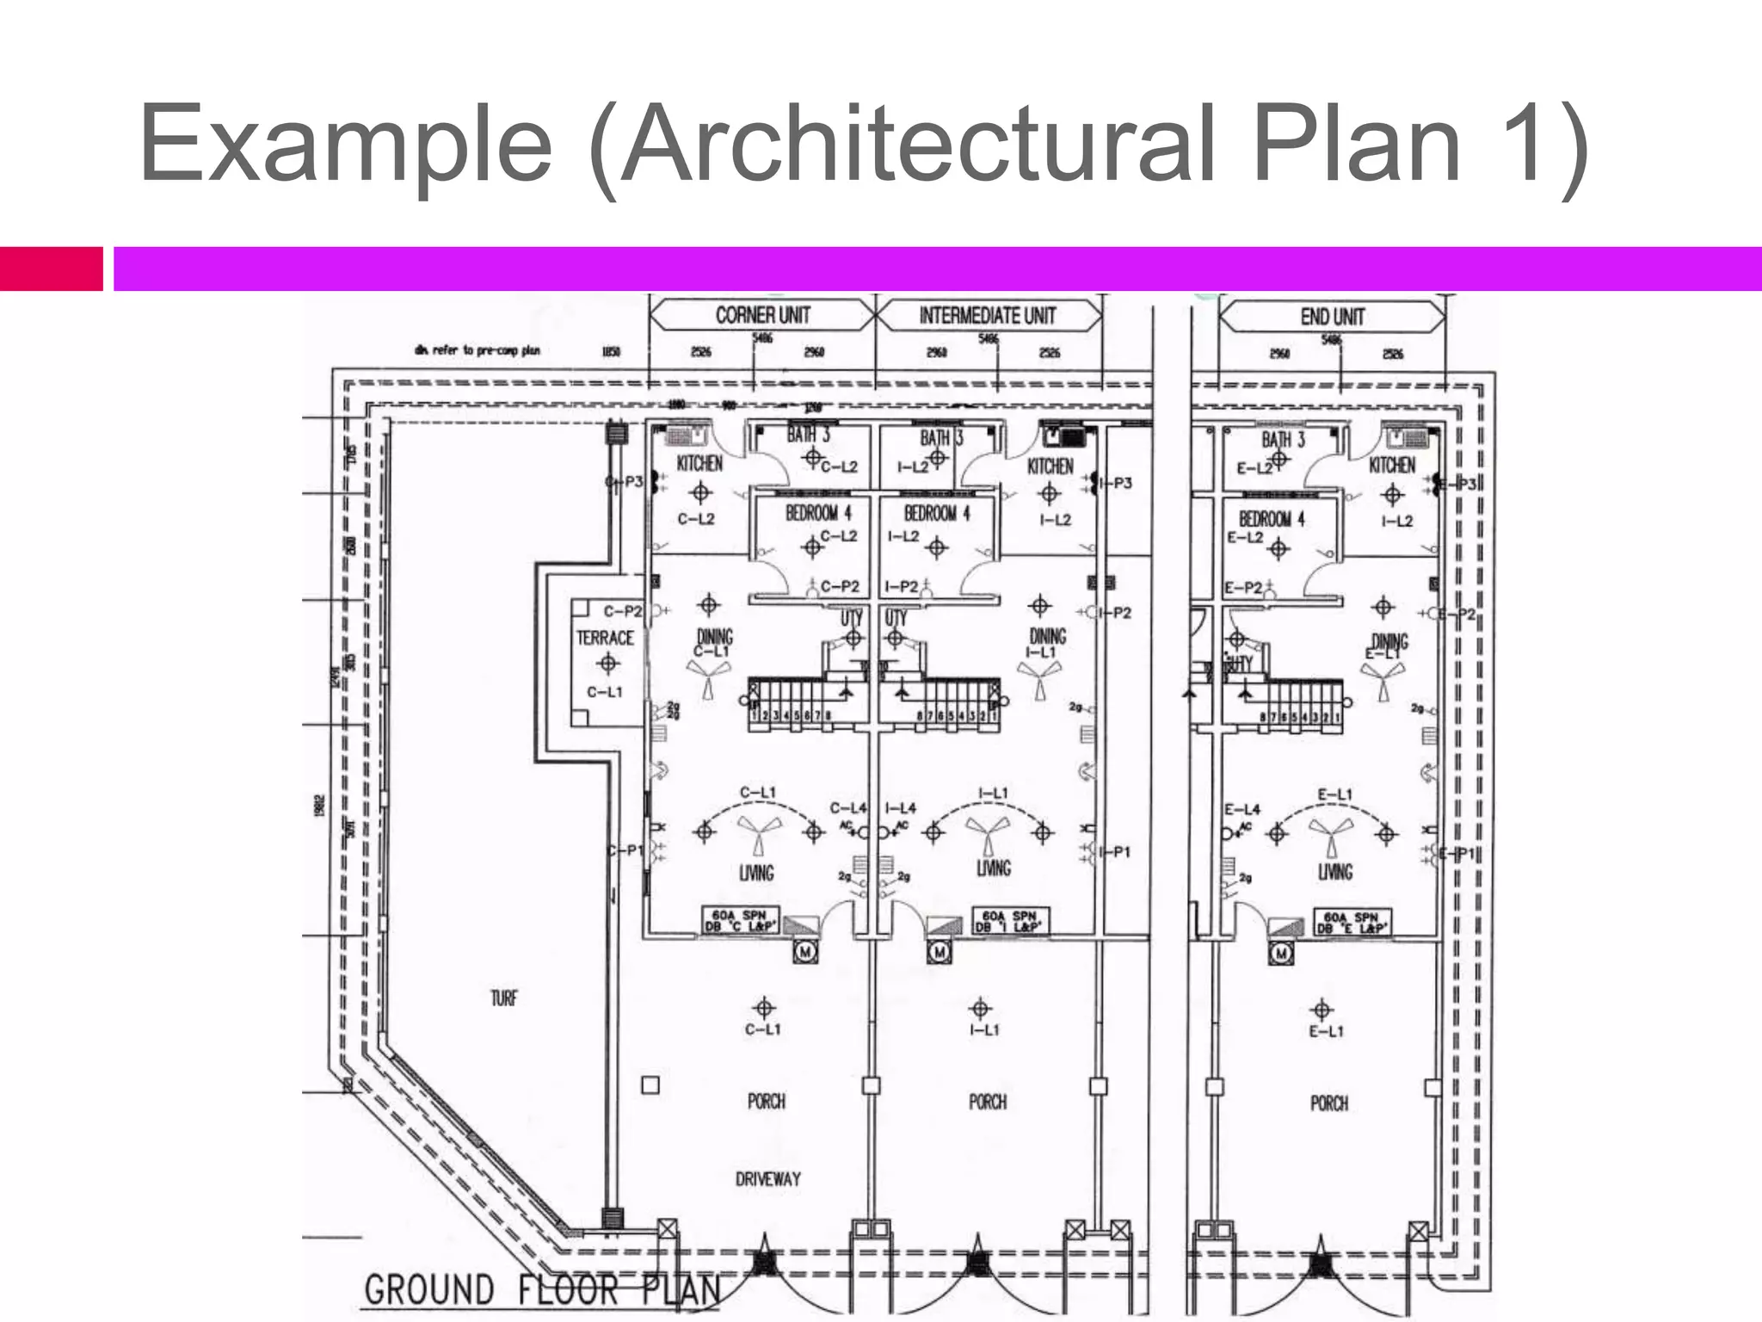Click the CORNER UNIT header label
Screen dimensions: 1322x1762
(x=762, y=316)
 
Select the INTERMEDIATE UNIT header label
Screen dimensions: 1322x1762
(x=987, y=316)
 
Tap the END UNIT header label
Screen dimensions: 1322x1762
(x=1332, y=318)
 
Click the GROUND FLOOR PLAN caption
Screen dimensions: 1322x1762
(x=542, y=1290)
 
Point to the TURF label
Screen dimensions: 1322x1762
(x=504, y=998)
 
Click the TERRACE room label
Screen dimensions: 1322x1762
(x=605, y=638)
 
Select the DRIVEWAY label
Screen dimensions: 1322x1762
(x=767, y=1179)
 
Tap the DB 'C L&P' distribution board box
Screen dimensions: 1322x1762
(x=742, y=921)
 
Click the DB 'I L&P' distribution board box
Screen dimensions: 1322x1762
(x=1010, y=921)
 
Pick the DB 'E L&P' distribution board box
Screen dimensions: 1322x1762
(x=1352, y=923)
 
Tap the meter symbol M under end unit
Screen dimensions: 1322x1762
(x=1282, y=953)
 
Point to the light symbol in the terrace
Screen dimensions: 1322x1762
(x=608, y=663)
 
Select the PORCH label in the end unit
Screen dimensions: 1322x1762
(x=1328, y=1103)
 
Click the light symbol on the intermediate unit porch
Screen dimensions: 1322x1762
(x=980, y=1008)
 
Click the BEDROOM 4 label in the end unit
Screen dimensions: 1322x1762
(x=1272, y=519)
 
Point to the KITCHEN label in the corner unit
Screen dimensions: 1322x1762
(x=699, y=464)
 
